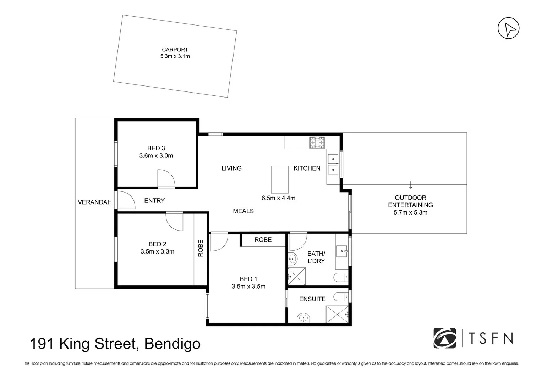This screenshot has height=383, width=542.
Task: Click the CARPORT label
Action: (x=175, y=50)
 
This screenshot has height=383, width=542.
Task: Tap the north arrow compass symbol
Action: (x=508, y=28)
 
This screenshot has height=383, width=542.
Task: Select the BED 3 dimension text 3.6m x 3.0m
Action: (x=156, y=156)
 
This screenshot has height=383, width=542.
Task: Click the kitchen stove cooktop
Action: (x=317, y=143)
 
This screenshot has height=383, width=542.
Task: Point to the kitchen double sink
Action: (x=333, y=165)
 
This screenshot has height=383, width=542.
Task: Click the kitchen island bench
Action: (x=280, y=179)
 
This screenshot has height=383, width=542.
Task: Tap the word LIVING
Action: (x=231, y=168)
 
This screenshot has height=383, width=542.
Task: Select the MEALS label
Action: (x=243, y=211)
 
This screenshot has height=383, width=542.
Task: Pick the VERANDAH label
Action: (x=95, y=202)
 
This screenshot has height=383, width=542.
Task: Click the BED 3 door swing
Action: (x=166, y=178)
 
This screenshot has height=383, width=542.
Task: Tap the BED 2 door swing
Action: (x=175, y=221)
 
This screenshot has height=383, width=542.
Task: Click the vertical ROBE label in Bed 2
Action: (x=201, y=248)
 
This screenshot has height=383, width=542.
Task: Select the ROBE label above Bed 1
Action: (x=263, y=240)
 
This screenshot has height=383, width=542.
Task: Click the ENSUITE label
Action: (x=312, y=299)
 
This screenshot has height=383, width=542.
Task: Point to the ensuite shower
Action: (x=337, y=314)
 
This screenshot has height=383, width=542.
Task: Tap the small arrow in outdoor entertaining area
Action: (x=411, y=185)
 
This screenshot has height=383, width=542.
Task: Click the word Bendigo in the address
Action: (x=173, y=344)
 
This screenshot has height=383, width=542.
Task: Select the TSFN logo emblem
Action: (x=445, y=338)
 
